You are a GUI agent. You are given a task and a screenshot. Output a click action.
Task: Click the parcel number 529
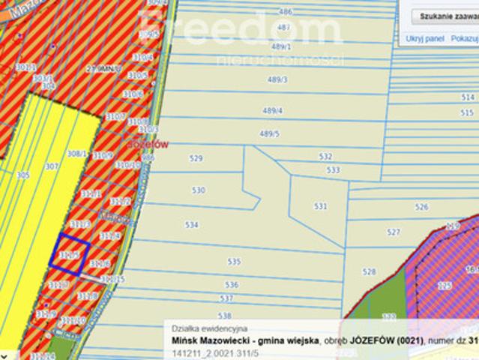point(196,158)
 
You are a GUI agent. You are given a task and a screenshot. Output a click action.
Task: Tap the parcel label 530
point(198,190)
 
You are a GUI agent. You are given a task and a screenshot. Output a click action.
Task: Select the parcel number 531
point(321,205)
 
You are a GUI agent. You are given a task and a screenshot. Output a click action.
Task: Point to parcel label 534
point(192,224)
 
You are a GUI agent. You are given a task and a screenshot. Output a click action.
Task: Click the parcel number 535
point(235,262)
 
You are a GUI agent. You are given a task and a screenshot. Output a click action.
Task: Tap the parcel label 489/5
point(269,133)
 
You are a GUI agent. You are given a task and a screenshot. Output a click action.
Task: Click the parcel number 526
point(422,207)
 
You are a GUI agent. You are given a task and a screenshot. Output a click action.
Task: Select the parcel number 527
point(394,232)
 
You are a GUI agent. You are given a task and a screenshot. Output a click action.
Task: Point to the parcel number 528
point(369,271)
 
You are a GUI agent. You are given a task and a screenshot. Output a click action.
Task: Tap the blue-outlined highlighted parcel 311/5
point(70,252)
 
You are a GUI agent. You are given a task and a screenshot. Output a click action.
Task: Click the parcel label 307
point(52,166)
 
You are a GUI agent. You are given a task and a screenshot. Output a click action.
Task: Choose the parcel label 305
point(23,175)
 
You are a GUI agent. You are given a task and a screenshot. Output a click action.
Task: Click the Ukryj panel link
point(425,38)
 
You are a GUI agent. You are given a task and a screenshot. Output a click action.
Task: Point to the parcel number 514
point(468,97)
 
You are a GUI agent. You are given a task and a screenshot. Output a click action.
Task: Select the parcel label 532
point(325,157)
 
